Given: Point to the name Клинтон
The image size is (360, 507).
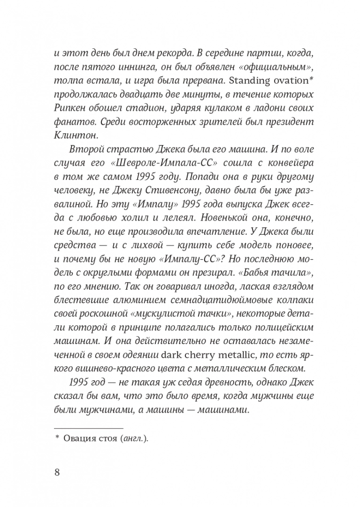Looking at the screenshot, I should pyautogui.click(x=73, y=136).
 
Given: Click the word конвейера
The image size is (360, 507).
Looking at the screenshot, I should pyautogui.click(x=278, y=164).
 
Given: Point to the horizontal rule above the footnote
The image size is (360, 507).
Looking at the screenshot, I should pyautogui.click(x=89, y=428).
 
